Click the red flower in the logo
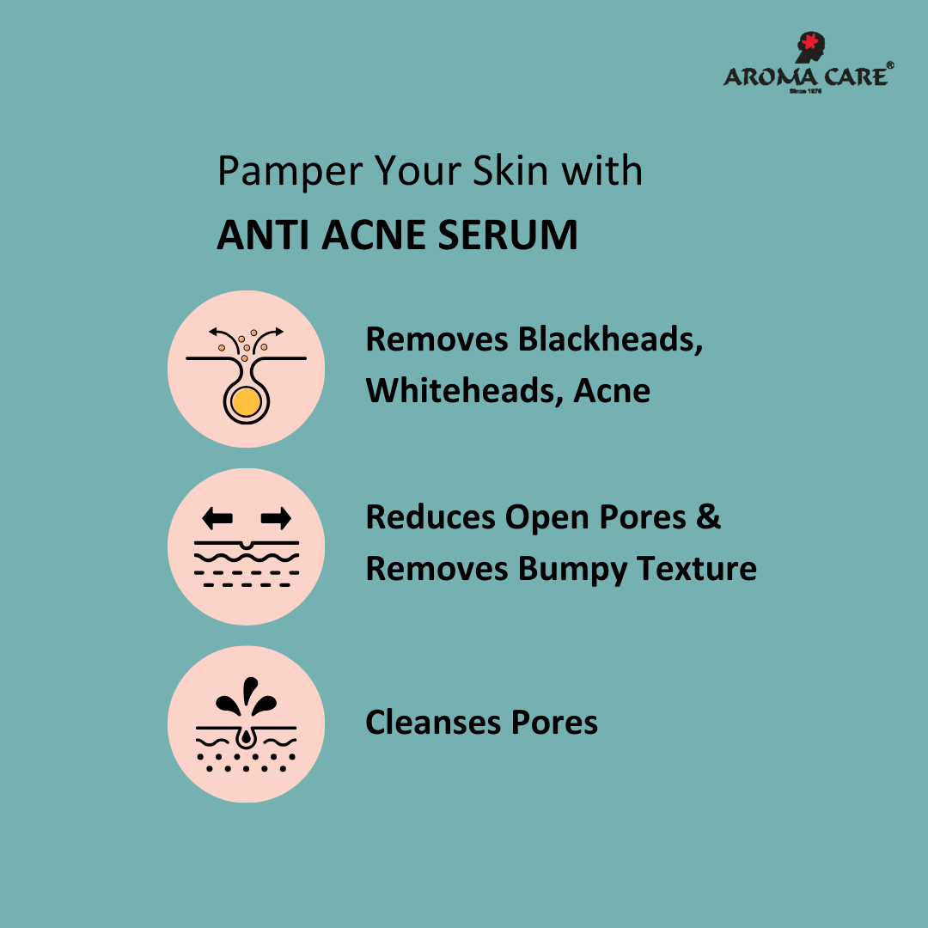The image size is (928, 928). (809, 41)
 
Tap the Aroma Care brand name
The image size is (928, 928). (805, 77)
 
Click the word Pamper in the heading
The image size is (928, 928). (290, 172)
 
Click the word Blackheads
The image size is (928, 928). (610, 339)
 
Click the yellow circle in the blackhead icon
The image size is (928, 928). (247, 402)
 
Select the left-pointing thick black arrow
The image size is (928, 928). (217, 518)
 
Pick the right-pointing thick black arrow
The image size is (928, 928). (276, 518)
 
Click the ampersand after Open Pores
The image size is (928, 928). (708, 516)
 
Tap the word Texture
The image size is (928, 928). (697, 569)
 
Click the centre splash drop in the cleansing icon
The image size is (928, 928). (250, 690)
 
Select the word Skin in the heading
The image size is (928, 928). (510, 171)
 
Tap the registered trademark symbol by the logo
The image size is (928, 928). (890, 65)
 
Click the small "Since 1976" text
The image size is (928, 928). (805, 91)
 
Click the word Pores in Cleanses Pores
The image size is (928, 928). (554, 723)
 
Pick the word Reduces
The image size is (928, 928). (430, 517)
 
